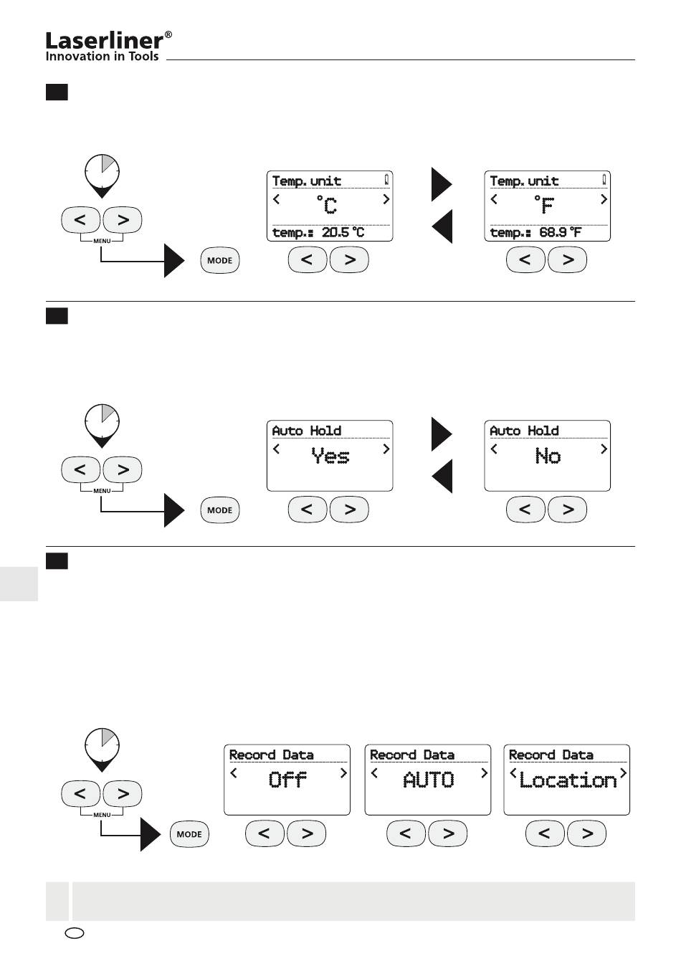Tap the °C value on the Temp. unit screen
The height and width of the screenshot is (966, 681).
pyautogui.click(x=326, y=205)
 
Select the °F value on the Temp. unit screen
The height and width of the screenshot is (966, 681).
pyautogui.click(x=544, y=205)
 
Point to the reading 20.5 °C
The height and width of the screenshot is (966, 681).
pyautogui.click(x=343, y=233)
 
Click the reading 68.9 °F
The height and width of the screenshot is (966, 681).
pyautogui.click(x=561, y=233)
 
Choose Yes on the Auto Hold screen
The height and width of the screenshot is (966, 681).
pyautogui.click(x=330, y=456)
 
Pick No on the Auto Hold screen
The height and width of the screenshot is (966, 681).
pyautogui.click(x=548, y=456)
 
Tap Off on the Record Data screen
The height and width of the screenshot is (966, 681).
pyautogui.click(x=287, y=780)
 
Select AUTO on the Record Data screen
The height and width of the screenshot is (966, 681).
pyautogui.click(x=428, y=780)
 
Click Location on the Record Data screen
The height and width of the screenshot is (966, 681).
pyautogui.click(x=568, y=780)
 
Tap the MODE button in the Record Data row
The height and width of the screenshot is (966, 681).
pyautogui.click(x=189, y=834)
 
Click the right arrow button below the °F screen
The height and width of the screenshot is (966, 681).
pyautogui.click(x=568, y=259)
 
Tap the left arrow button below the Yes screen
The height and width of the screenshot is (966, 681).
pyautogui.click(x=308, y=510)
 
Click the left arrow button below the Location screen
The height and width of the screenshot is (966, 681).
pyautogui.click(x=545, y=833)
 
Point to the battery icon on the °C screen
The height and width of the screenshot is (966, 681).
pyautogui.click(x=386, y=179)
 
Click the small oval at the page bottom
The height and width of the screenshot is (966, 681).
pyautogui.click(x=74, y=933)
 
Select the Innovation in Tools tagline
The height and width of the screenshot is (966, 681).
pyautogui.click(x=103, y=56)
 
